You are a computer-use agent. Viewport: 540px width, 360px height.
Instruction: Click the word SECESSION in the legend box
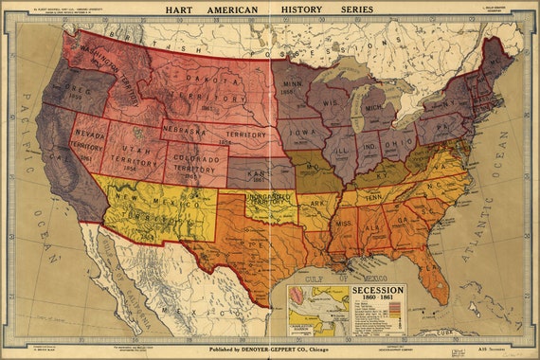378,290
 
